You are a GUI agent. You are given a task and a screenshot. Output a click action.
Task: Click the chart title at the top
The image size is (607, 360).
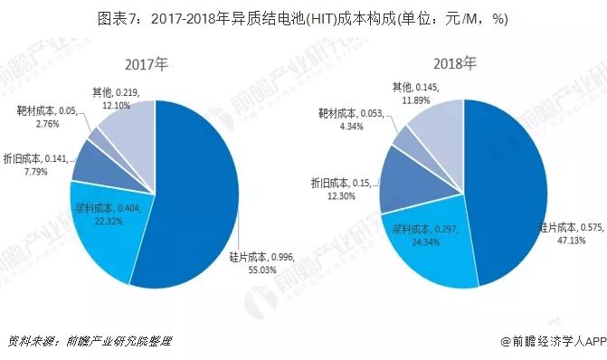click(303, 18)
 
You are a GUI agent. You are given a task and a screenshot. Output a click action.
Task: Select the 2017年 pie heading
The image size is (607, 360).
click(148, 65)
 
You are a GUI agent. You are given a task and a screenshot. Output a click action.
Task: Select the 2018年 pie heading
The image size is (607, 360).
click(454, 65)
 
